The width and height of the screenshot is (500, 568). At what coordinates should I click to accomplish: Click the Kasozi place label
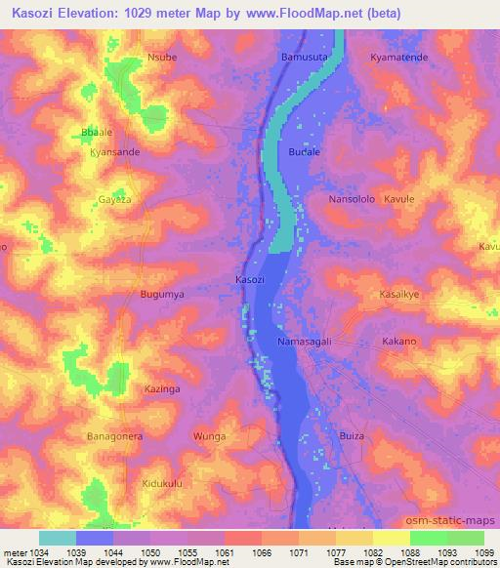249,280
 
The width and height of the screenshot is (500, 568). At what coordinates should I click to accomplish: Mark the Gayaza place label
114,199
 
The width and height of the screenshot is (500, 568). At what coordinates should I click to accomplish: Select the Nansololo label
352,199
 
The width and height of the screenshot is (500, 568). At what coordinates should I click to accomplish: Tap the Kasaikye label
399,293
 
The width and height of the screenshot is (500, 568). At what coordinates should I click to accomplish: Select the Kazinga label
162,388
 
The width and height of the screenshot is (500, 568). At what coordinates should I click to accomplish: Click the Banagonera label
114,435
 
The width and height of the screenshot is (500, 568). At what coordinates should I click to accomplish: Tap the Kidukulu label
162,483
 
